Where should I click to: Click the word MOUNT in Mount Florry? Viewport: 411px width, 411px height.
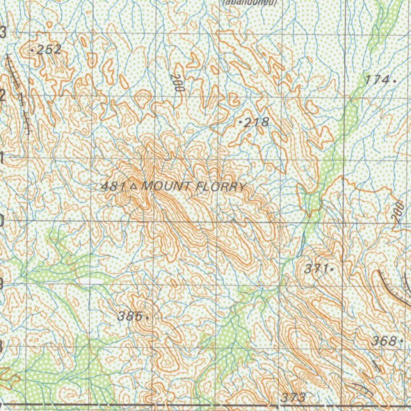165,186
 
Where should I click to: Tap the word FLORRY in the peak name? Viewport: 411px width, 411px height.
220,187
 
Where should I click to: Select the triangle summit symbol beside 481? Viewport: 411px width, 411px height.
134,186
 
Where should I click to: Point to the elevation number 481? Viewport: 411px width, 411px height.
114,186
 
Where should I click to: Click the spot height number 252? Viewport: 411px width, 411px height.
49,50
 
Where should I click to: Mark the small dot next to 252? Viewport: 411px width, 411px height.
33,51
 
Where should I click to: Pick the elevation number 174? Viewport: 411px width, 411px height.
377,79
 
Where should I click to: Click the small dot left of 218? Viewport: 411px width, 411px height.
240,121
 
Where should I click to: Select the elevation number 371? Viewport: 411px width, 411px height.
316,269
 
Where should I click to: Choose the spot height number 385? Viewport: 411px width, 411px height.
130,316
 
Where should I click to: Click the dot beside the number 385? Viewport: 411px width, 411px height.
148,317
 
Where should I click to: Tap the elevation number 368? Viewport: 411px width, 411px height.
384,341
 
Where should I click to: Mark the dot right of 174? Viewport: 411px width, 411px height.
395,80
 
